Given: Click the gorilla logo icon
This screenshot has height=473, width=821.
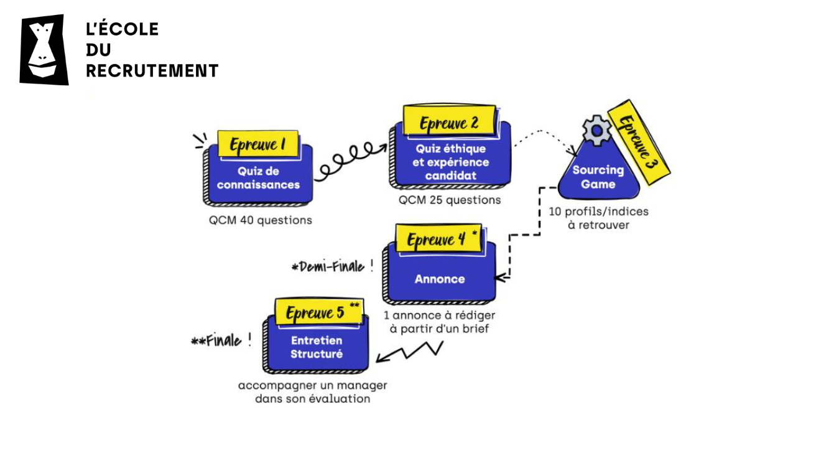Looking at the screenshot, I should click(44, 50).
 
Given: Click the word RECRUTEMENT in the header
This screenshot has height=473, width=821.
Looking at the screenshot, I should click(152, 71).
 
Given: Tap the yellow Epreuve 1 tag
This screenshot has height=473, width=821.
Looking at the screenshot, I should click(257, 145).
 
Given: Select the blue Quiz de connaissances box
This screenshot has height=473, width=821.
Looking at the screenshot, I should click(258, 179).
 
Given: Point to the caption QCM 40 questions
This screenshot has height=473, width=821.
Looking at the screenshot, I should click(260, 220).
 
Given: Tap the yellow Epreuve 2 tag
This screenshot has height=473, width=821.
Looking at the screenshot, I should click(448, 122).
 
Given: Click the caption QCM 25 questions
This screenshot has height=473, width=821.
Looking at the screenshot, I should click(450, 200).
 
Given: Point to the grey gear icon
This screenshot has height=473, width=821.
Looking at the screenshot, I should click(596, 130).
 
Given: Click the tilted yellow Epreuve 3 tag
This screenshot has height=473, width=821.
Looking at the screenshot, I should click(637, 146).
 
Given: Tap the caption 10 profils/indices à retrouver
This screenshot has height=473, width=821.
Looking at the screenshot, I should click(598, 218).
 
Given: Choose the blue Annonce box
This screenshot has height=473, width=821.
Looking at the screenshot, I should click(440, 279).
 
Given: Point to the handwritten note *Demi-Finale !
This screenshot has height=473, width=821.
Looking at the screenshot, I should click(333, 267).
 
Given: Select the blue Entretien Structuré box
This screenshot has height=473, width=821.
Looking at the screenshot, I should click(317, 347).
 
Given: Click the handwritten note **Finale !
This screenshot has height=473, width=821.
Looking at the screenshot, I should click(221, 341).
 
